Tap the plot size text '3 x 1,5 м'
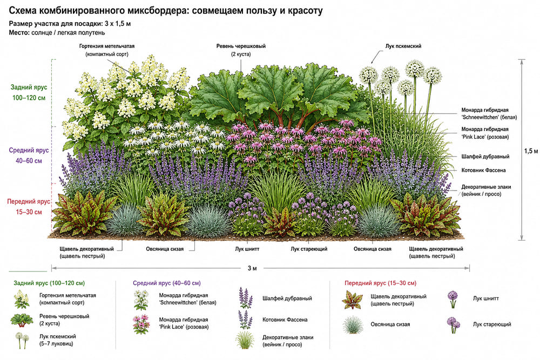coord(118,24)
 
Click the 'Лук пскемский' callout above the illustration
coord(403,46)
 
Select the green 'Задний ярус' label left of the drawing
coord(29,87)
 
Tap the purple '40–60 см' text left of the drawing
coord(29,161)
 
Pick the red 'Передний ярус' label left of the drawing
coord(29,202)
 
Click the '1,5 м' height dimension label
coord(531,151)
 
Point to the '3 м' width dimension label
coord(252,268)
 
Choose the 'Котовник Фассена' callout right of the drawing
coord(483,170)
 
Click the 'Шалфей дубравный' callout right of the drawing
coord(485,157)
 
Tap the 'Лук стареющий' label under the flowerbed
coord(309,249)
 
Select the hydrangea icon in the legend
coord(22,298)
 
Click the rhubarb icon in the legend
coord(22,320)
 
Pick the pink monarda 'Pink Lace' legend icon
coord(141,324)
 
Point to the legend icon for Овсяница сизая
coord(353,324)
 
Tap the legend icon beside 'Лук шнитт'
coord(453,300)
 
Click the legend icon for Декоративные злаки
coord(245,340)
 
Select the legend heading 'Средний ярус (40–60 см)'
coord(167,283)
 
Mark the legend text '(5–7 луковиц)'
coord(56,343)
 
